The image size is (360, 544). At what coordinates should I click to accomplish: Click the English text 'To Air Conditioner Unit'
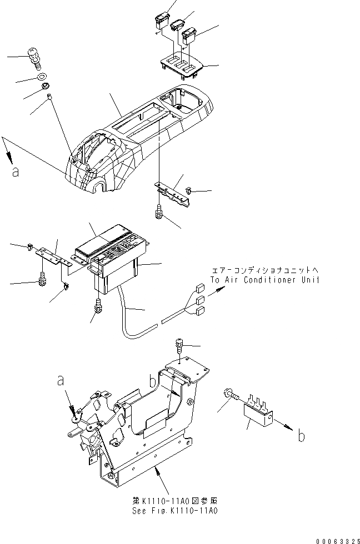click(x=265, y=280)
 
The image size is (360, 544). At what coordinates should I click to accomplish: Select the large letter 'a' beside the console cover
click(x=15, y=172)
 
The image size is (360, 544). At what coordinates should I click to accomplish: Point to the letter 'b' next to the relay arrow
click(x=301, y=436)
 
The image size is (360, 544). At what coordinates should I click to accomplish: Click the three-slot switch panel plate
click(x=181, y=64)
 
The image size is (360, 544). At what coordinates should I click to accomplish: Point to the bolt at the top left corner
click(x=34, y=57)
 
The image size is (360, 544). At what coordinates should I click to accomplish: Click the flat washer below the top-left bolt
click(x=42, y=77)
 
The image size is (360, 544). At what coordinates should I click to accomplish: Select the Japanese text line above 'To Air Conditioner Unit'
click(x=265, y=270)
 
